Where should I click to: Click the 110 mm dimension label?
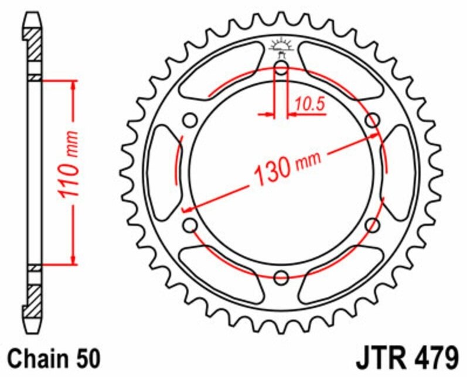69,164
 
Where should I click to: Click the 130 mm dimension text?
288,169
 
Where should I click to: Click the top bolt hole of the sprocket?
281,67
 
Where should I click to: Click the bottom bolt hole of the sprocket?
281,278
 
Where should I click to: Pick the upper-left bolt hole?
190,121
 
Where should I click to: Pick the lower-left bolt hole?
190,225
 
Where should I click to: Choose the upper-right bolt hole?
373,121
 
